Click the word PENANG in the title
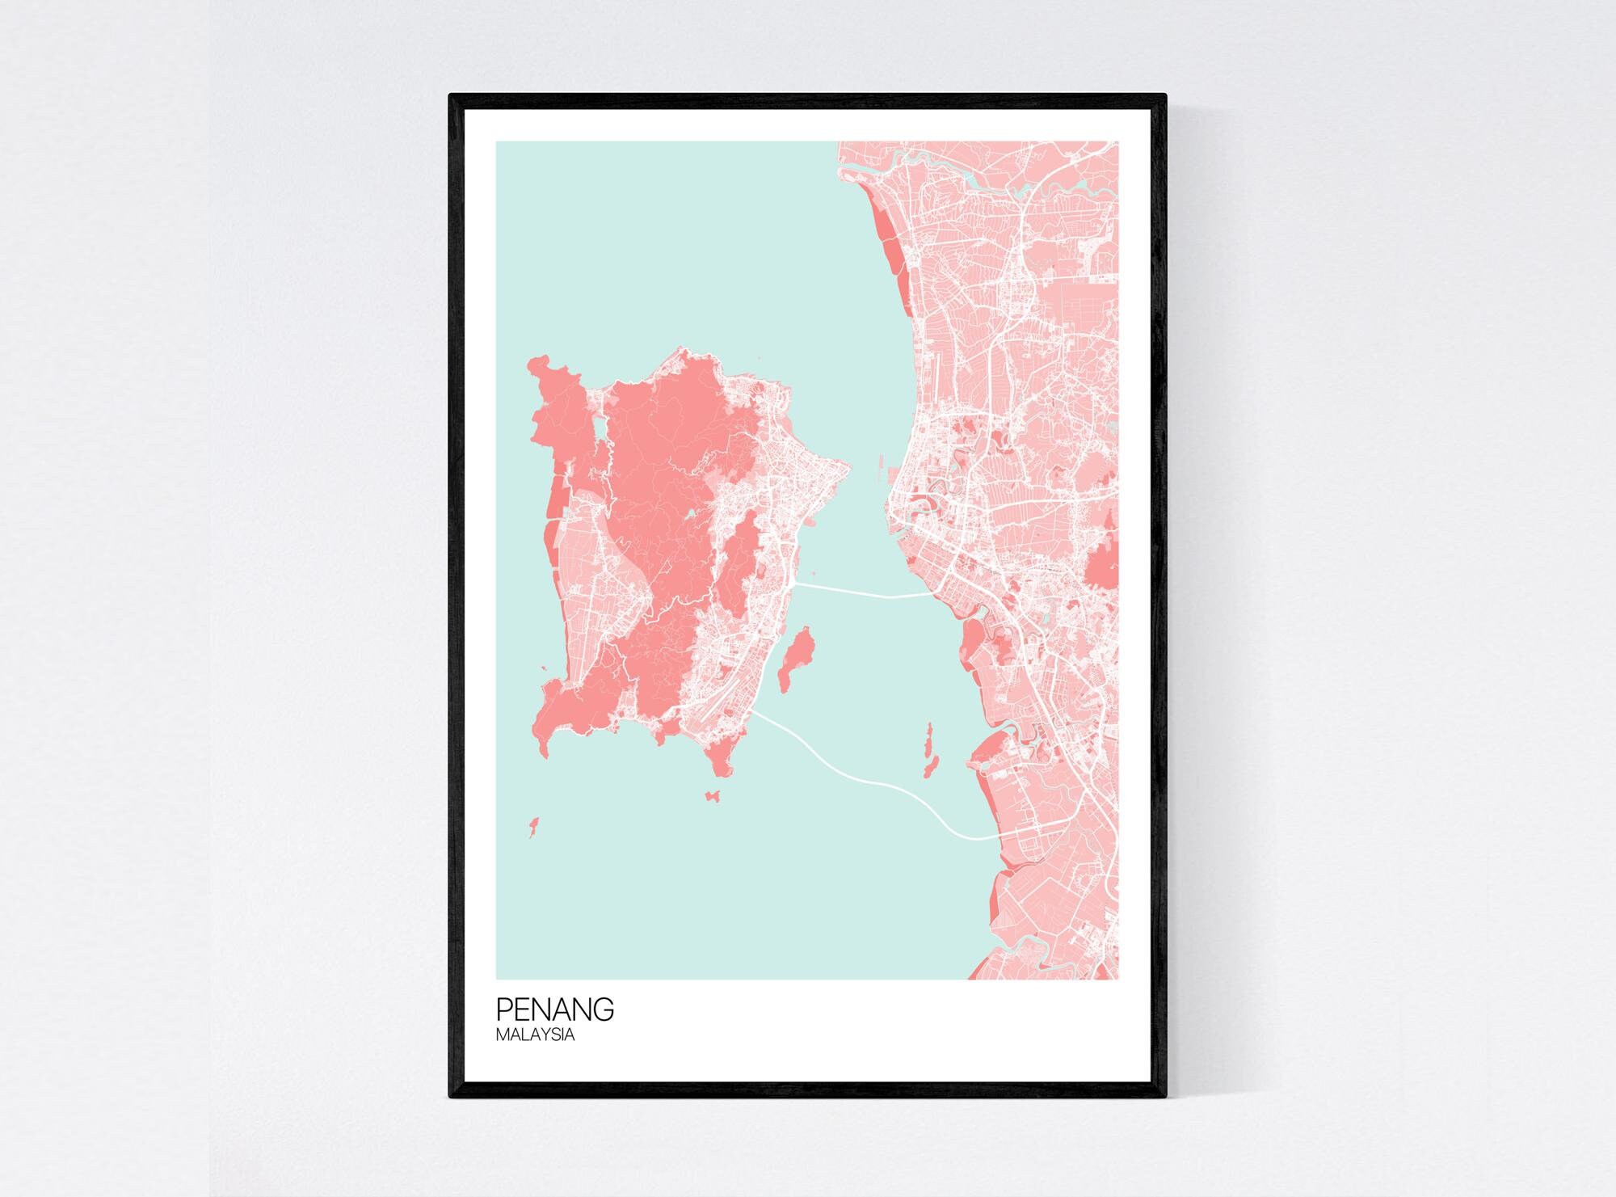(554, 1009)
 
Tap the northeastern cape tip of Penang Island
(845, 466)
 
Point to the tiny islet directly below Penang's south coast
(713, 797)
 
